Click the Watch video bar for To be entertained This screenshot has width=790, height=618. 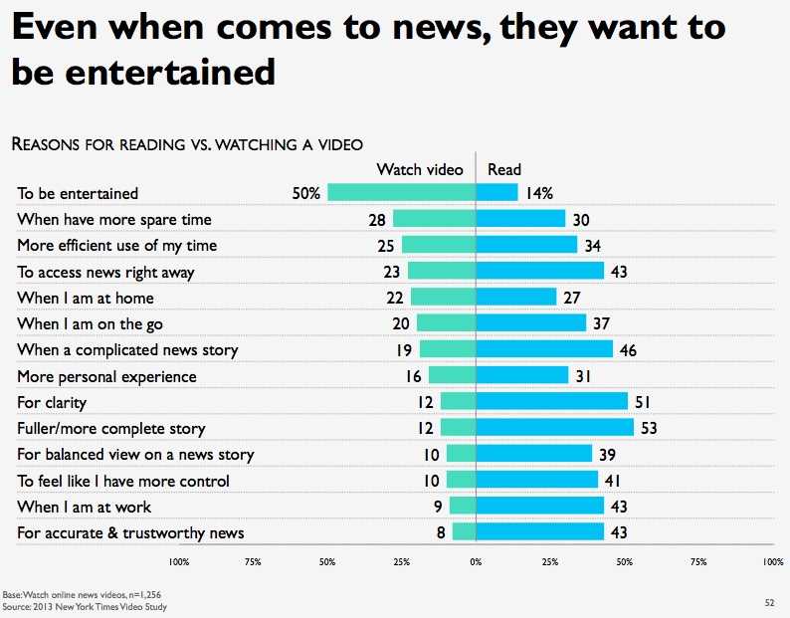[402, 193]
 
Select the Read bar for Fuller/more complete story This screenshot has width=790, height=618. [555, 428]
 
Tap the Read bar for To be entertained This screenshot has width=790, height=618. [497, 193]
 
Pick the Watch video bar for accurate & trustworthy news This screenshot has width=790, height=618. [464, 532]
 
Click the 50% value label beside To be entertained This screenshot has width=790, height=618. [304, 193]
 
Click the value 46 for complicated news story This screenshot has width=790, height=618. [628, 349]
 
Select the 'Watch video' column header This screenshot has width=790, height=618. [419, 170]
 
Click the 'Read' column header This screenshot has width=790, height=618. [504, 170]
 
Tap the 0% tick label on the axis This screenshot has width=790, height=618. [476, 562]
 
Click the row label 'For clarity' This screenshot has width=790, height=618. [52, 402]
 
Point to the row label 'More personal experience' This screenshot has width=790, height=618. [106, 376]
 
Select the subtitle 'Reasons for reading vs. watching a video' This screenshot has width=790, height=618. [186, 145]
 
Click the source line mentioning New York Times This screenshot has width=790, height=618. [85, 606]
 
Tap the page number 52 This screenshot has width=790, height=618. [769, 602]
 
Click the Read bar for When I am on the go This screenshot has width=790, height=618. [531, 323]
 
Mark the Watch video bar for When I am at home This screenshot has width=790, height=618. [443, 298]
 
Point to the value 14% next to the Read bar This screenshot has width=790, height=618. [541, 193]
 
